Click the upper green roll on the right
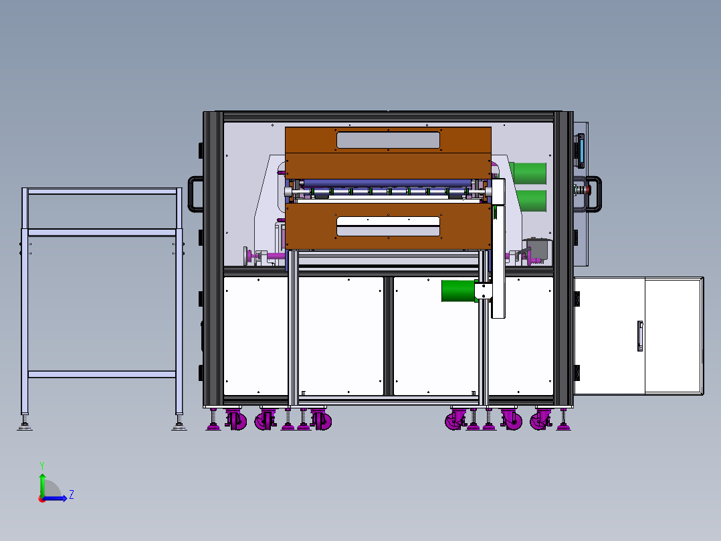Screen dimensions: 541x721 point(528,172)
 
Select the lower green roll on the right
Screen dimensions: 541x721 point(528,200)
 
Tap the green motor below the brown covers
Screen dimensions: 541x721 point(458,291)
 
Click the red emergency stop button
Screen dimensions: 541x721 point(587,189)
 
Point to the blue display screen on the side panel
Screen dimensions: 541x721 point(581,151)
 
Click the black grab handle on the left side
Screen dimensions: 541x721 point(195,194)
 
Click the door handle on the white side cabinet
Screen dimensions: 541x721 point(640,335)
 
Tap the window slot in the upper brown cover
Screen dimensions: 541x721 point(388,140)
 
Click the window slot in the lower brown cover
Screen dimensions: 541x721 point(388,226)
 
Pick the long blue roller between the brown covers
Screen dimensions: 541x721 point(388,183)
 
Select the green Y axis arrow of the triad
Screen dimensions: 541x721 point(41,481)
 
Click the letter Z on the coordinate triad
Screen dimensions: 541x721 point(71,495)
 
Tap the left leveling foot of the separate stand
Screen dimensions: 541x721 point(25,424)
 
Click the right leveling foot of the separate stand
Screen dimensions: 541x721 point(179,424)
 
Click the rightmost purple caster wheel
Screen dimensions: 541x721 point(539,421)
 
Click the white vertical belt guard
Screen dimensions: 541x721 point(498,248)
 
